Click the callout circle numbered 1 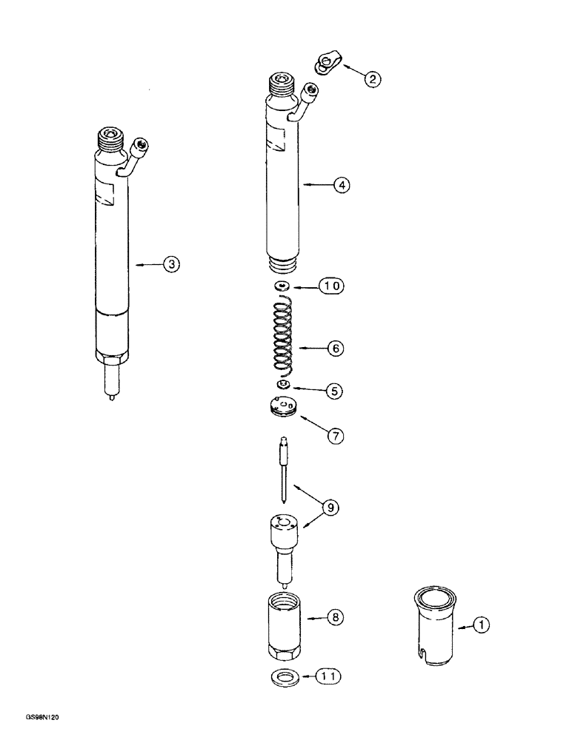pyautogui.click(x=482, y=627)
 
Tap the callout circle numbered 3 pyautogui.click(x=171, y=263)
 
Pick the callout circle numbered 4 pyautogui.click(x=340, y=186)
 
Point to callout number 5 pyautogui.click(x=336, y=391)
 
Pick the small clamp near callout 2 pyautogui.click(x=325, y=64)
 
